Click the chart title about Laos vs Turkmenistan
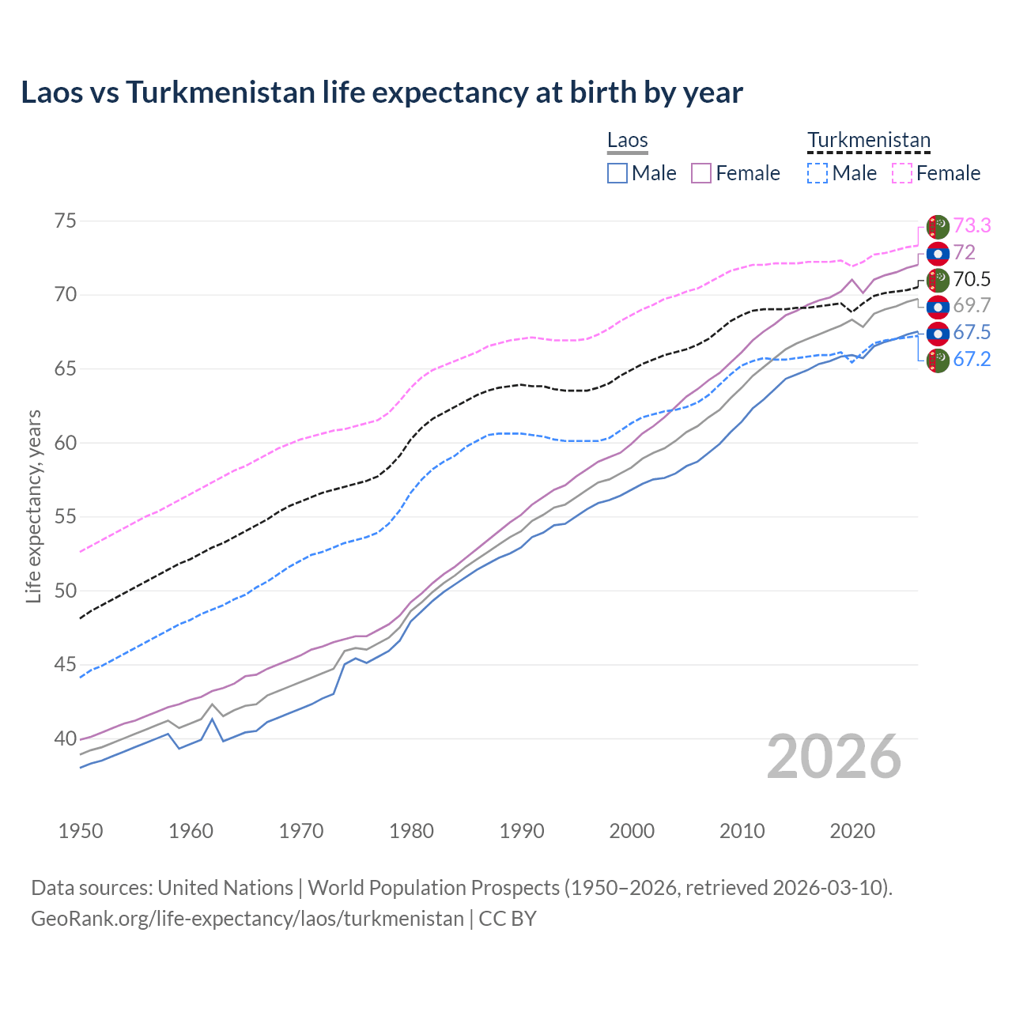pyautogui.click(x=382, y=93)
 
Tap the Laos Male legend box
pyautogui.click(x=617, y=173)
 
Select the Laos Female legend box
pyautogui.click(x=701, y=173)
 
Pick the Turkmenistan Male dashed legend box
pyautogui.click(x=818, y=173)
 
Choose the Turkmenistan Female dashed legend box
pyautogui.click(x=902, y=173)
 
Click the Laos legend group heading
pyautogui.click(x=628, y=141)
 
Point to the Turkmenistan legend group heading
pyautogui.click(x=869, y=141)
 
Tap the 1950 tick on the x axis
pyautogui.click(x=81, y=831)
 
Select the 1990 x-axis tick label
pyautogui.click(x=522, y=831)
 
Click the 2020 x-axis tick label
pyautogui.click(x=852, y=831)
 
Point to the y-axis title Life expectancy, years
pyautogui.click(x=33, y=506)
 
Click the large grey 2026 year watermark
pyautogui.click(x=834, y=757)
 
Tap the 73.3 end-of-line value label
pyautogui.click(x=972, y=226)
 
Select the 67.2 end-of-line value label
pyautogui.click(x=972, y=360)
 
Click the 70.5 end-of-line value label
pyautogui.click(x=972, y=279)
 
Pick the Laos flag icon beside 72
pyautogui.click(x=938, y=253)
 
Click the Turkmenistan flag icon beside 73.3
pyautogui.click(x=938, y=226)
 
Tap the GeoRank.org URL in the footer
pyautogui.click(x=247, y=919)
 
